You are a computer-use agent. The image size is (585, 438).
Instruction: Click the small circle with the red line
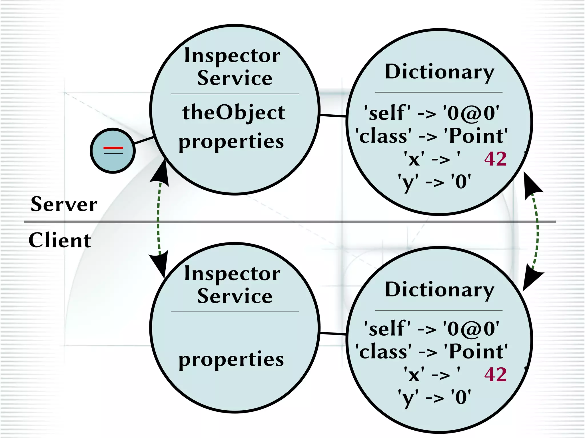[113, 150]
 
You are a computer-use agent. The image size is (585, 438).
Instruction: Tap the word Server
[64, 204]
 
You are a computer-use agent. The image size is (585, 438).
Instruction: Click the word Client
[60, 240]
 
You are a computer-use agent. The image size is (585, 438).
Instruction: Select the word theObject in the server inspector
[234, 113]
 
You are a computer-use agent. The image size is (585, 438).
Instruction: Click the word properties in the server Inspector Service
[231, 142]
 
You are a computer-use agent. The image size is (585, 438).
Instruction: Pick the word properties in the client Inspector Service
[231, 359]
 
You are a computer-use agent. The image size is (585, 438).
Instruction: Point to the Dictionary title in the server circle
[439, 72]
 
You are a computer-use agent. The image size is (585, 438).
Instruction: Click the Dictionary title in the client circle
[439, 290]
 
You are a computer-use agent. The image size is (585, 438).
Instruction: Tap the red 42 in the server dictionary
[496, 159]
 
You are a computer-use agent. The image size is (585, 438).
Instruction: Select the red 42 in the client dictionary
[496, 375]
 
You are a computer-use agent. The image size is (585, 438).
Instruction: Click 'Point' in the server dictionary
[478, 136]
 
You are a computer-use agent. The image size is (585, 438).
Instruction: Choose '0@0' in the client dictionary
[471, 328]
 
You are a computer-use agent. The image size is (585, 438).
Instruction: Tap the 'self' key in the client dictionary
[387, 328]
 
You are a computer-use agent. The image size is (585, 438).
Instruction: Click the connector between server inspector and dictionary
[333, 116]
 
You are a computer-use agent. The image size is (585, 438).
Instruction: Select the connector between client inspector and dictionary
[333, 333]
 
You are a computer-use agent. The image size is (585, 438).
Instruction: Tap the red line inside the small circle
[113, 148]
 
